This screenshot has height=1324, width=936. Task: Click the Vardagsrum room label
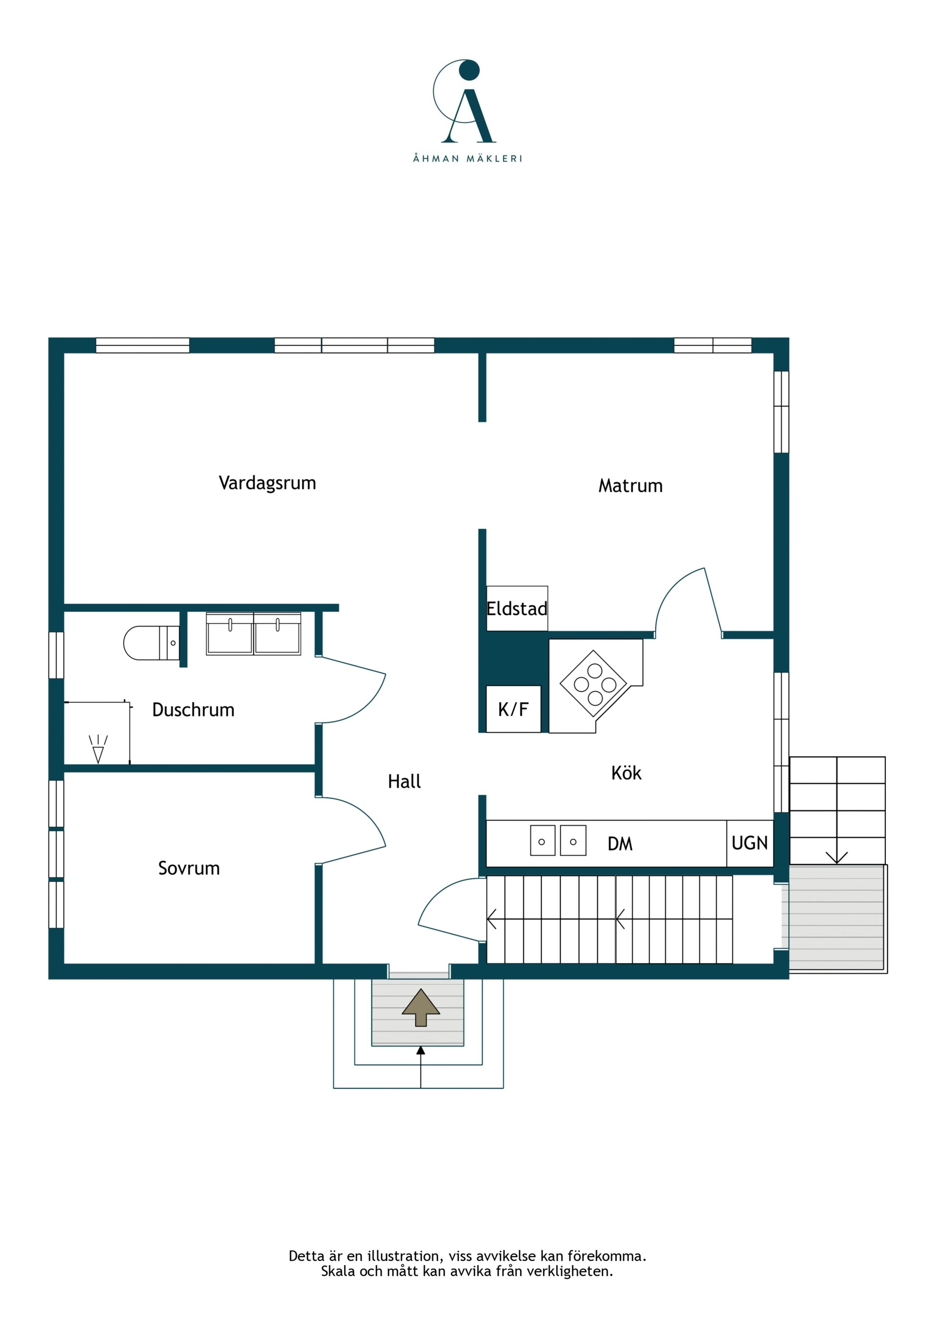pos(267,483)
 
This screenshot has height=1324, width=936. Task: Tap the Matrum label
pos(630,486)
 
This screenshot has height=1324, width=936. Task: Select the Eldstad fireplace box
pos(517,608)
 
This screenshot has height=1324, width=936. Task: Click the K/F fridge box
pos(513,709)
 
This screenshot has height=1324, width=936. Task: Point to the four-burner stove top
pos(593,684)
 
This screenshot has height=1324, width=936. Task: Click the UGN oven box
pos(750,843)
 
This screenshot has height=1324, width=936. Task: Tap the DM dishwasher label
pos(620,844)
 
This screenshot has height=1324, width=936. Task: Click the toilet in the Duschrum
pos(152,643)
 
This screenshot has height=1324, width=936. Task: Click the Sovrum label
pos(189,868)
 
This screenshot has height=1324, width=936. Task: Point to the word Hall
pos(404,781)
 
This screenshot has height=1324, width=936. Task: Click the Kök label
pos(626,773)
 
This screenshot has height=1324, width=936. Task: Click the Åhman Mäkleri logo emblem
pos(464,101)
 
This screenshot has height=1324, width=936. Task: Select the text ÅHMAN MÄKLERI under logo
pos(468,158)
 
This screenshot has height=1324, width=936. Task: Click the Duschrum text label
pos(193,709)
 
